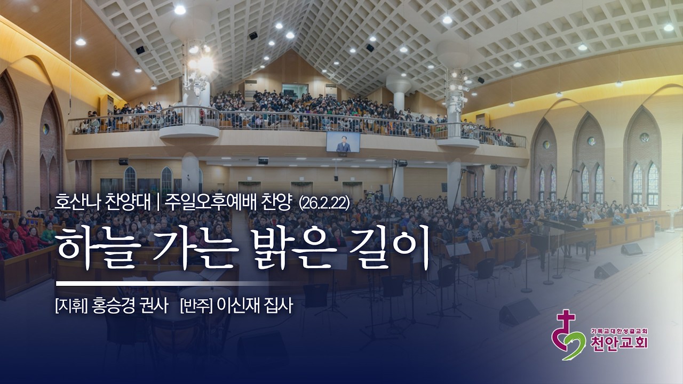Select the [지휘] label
(x=71, y=307)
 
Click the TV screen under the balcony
(x=343, y=142)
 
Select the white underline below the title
(x=160, y=283)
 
